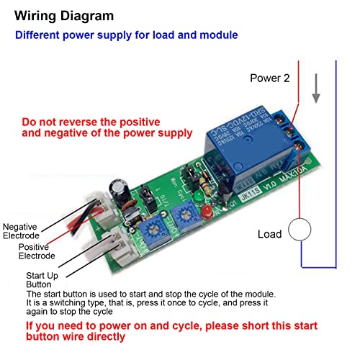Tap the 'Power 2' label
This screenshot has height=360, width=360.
point(270,78)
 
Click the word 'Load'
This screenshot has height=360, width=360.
point(271,235)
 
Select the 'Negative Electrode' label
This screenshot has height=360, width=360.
point(22,230)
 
